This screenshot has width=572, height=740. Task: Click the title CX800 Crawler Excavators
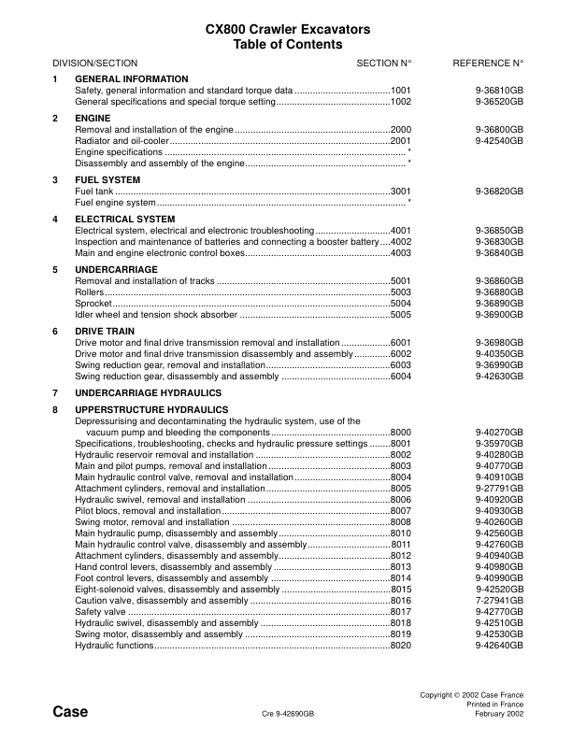[287, 30]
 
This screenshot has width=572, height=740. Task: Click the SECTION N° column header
[384, 63]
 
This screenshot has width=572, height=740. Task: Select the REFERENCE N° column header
[488, 63]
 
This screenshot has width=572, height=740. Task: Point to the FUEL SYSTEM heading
[107, 179]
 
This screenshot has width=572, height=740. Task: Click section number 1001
[401, 90]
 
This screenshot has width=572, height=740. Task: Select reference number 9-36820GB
[499, 191]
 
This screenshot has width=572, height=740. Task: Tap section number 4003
[401, 252]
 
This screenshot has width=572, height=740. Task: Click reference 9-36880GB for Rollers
[499, 292]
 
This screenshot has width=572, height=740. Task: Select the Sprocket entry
[93, 303]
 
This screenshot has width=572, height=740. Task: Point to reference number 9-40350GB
[499, 353]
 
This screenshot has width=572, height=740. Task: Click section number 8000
[401, 432]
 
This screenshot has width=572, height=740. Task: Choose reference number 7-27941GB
[499, 600]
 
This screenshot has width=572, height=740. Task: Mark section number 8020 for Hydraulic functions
[401, 645]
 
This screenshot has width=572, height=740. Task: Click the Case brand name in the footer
[70, 712]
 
